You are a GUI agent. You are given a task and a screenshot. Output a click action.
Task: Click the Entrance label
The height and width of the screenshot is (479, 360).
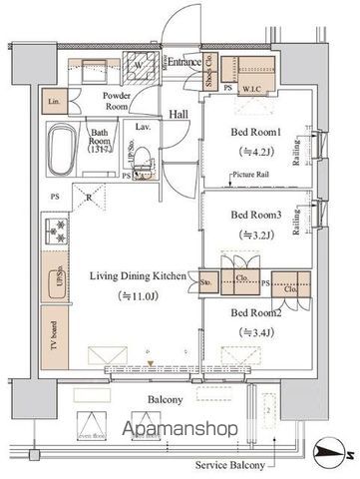[184, 63]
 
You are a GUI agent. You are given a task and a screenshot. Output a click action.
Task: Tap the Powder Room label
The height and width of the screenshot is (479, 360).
[122, 101]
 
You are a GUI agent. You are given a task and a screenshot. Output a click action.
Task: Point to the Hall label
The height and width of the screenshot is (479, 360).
[179, 115]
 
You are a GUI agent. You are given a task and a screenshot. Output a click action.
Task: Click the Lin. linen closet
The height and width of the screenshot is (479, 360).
[52, 101]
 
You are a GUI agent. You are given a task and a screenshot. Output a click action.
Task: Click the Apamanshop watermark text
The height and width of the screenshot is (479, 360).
[180, 428]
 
